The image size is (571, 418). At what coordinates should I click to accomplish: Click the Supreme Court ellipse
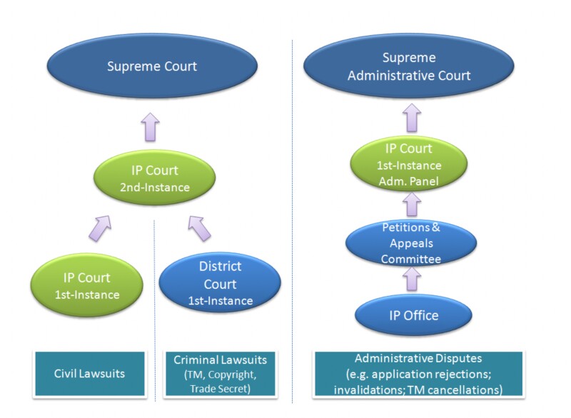tap(152, 67)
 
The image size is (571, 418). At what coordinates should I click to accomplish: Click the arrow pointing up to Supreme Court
tap(151, 126)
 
